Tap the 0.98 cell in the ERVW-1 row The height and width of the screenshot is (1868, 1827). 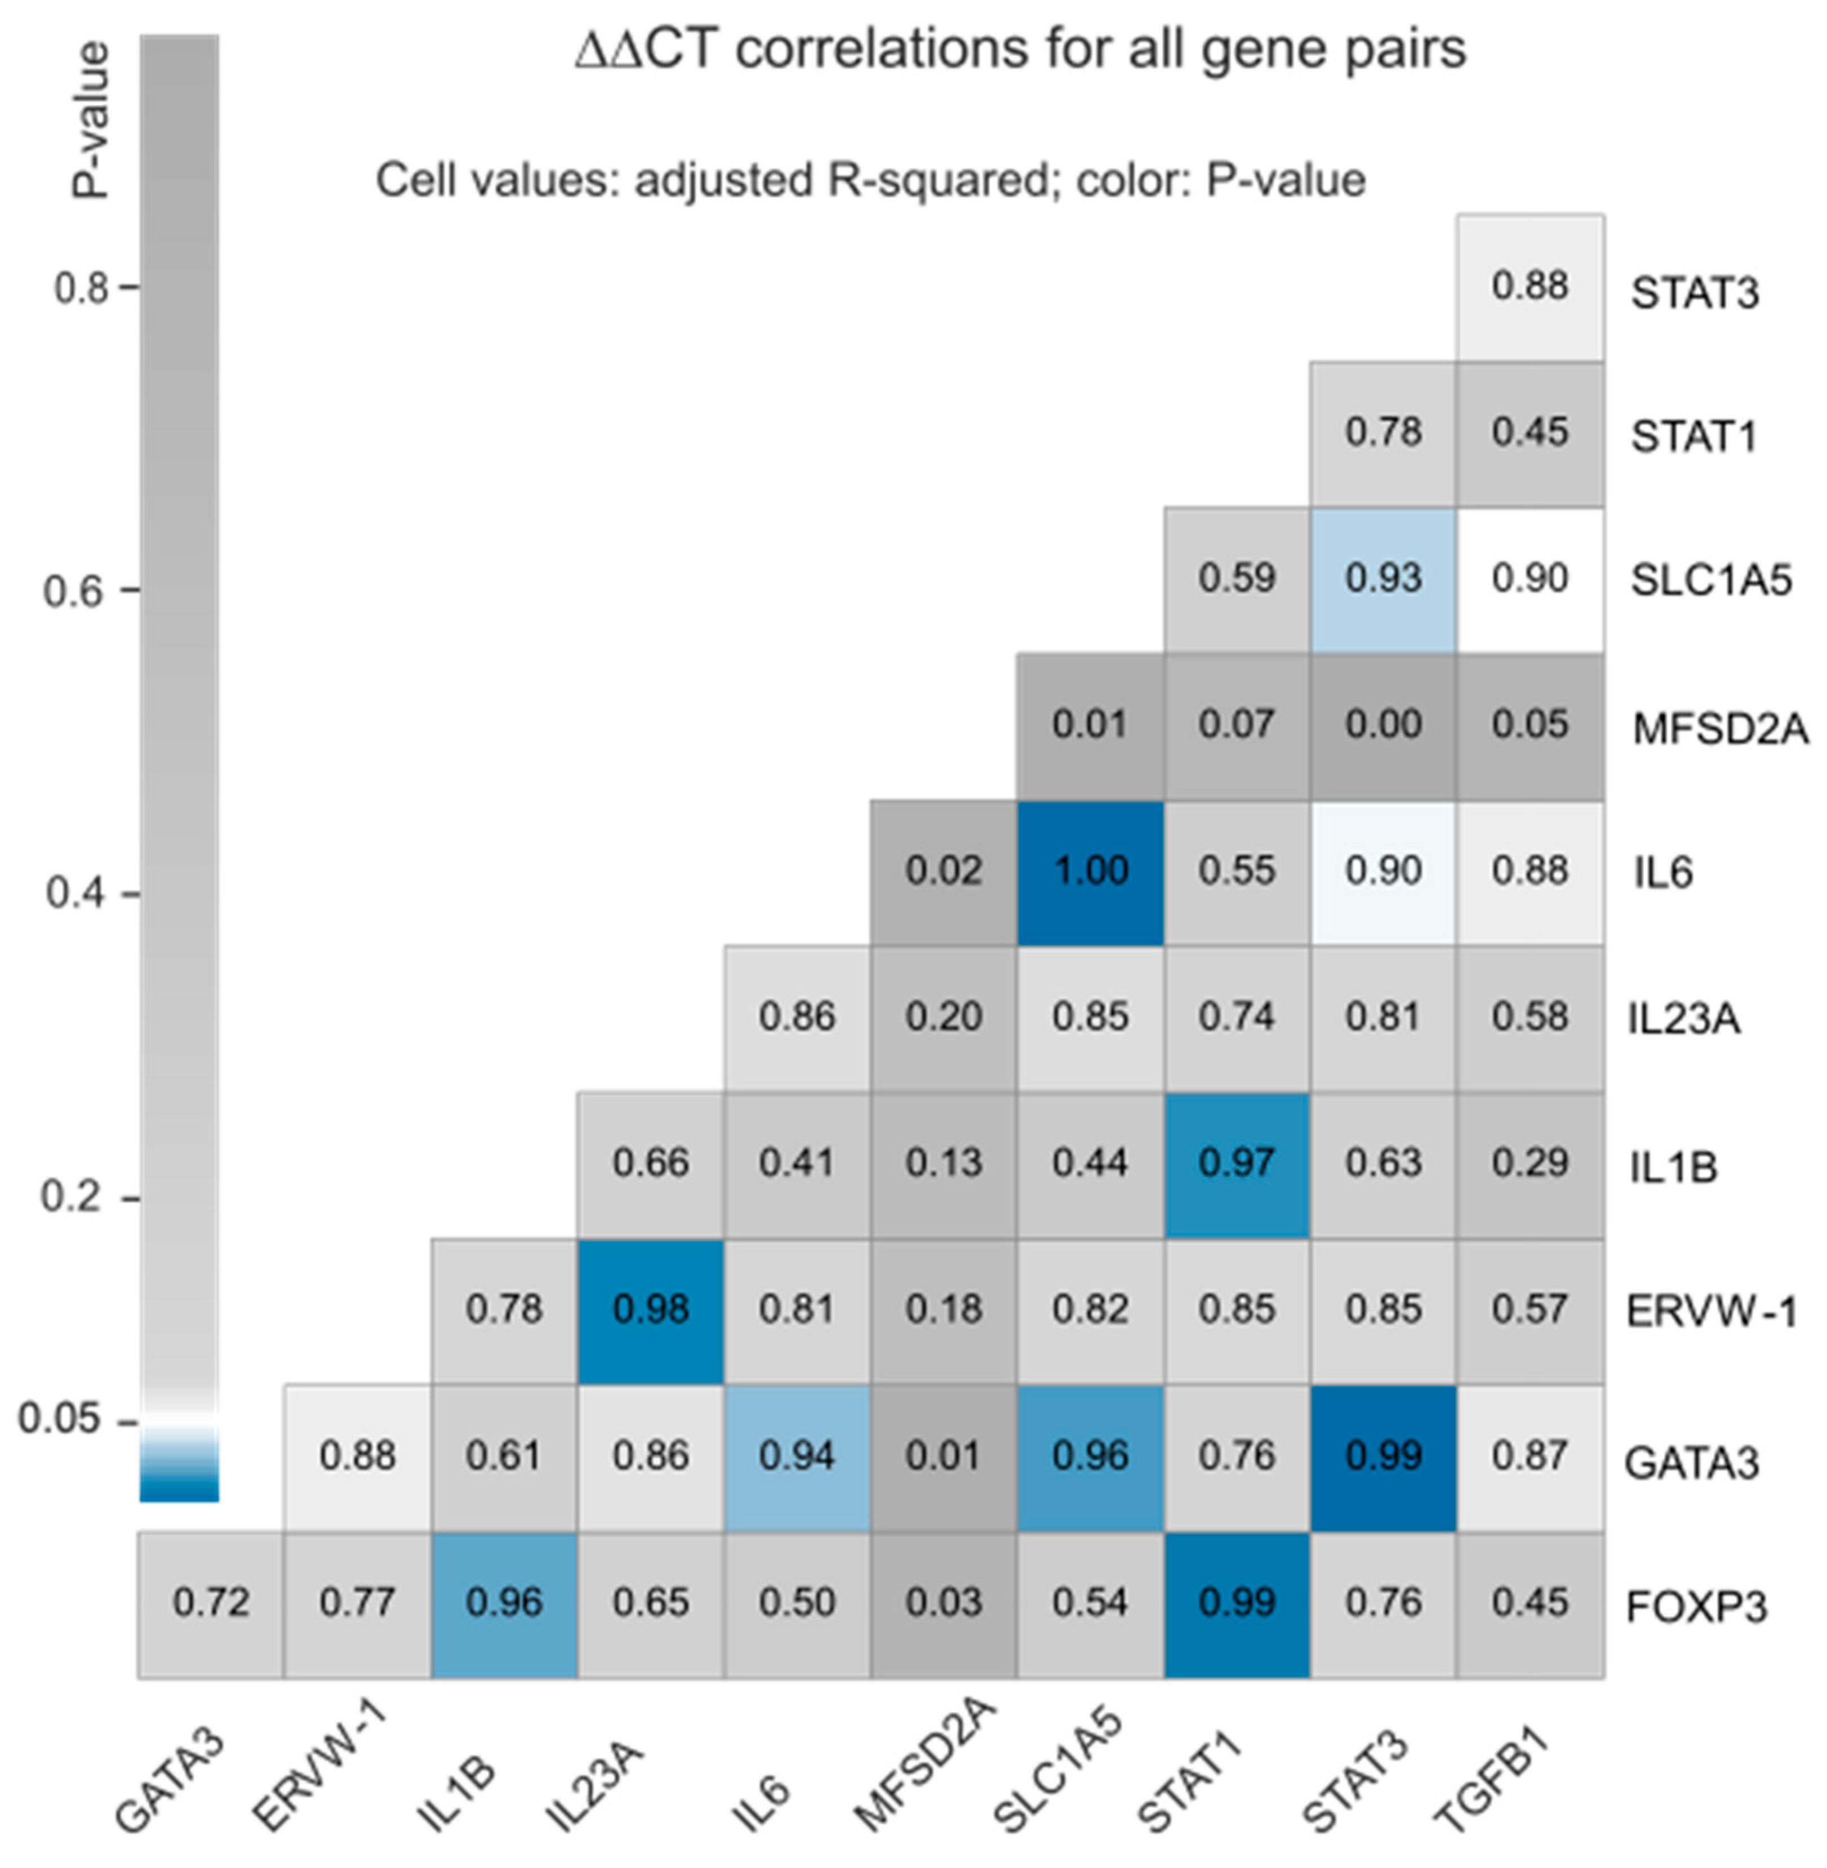click(651, 1309)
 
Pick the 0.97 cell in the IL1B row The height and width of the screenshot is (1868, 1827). click(1237, 1164)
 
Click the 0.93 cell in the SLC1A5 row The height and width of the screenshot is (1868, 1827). click(1383, 578)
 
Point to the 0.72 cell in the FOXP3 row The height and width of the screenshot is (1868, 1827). click(211, 1602)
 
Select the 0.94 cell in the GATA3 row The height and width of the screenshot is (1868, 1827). click(797, 1456)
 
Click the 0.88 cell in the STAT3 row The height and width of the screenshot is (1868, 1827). click(1530, 286)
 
